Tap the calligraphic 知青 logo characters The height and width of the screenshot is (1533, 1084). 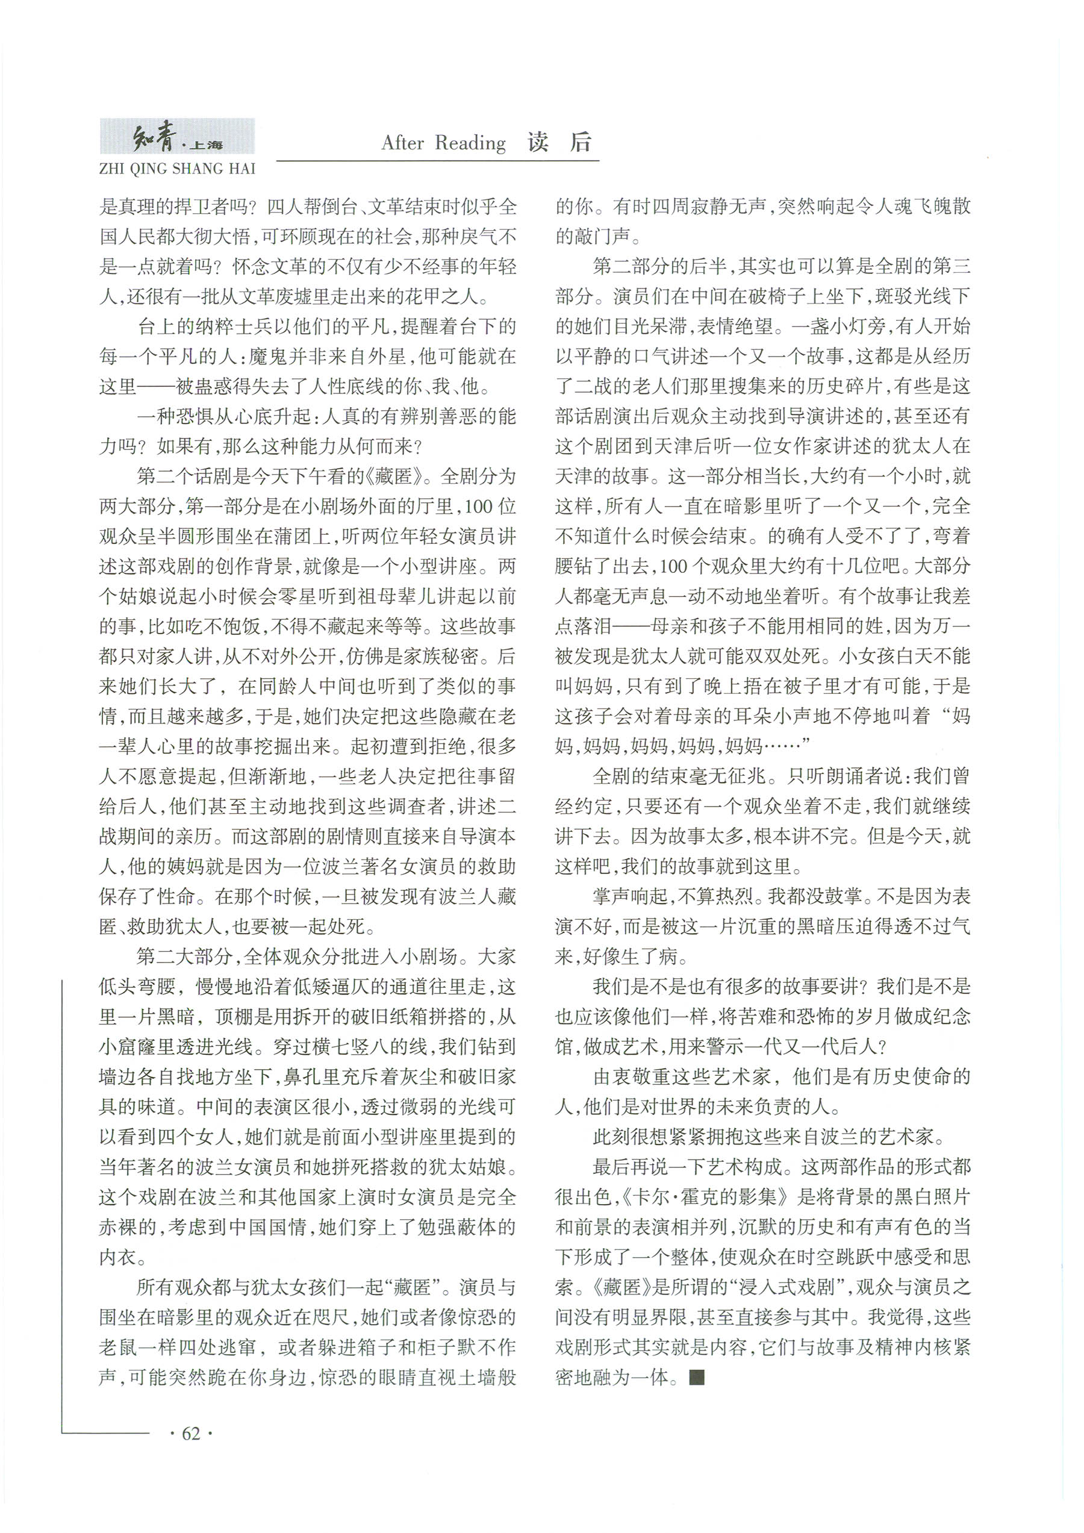click(x=155, y=139)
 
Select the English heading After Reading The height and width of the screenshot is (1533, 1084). click(x=443, y=142)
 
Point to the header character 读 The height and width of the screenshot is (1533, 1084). click(x=538, y=142)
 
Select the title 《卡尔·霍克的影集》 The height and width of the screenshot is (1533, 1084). click(x=706, y=1196)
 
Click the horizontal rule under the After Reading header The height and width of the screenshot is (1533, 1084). click(x=437, y=160)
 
